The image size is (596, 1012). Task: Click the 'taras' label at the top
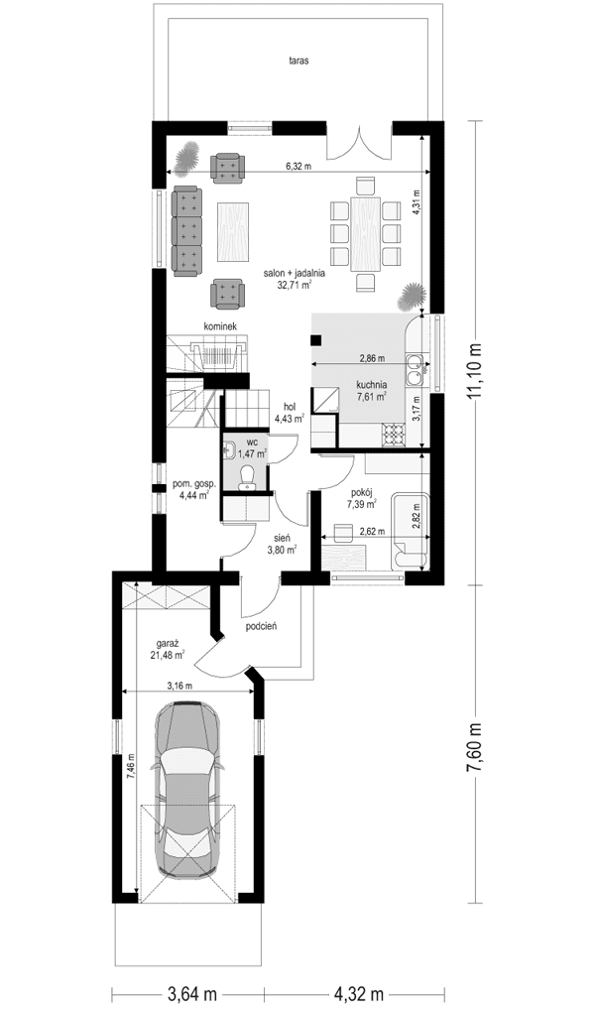coord(298,61)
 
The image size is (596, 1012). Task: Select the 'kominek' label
coord(220,325)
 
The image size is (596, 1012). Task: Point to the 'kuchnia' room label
coord(371,384)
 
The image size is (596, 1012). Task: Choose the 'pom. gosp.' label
coord(193,484)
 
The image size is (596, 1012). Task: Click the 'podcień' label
coord(260,626)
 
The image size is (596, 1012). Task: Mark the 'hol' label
coord(291,407)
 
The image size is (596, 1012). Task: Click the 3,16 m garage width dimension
coord(179,686)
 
